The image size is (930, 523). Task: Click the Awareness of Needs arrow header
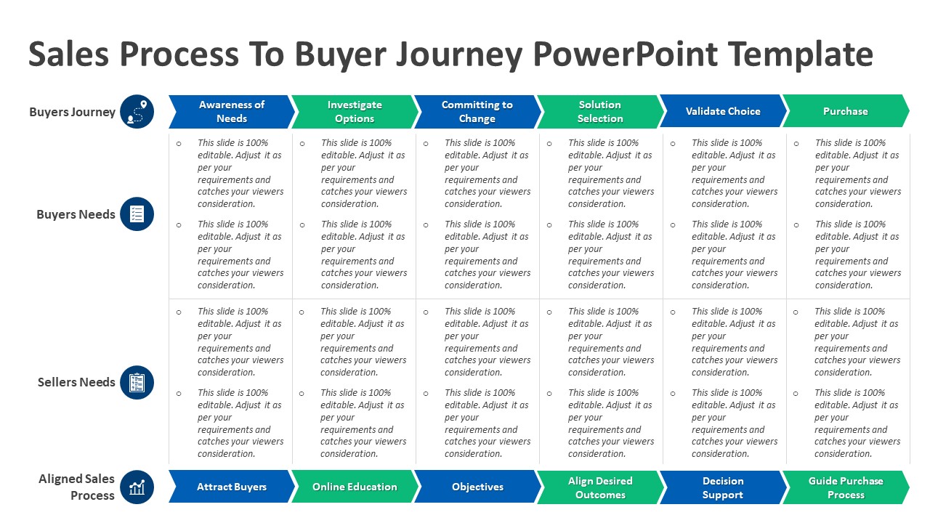(x=232, y=111)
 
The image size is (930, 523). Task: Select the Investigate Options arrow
(x=355, y=111)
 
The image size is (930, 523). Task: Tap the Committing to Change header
(x=477, y=111)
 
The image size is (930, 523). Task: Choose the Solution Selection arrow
(x=600, y=111)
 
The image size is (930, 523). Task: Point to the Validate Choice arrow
(x=723, y=111)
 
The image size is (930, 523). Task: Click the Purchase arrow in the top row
(x=845, y=111)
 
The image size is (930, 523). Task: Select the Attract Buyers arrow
(x=232, y=487)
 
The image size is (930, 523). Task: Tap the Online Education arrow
(x=355, y=487)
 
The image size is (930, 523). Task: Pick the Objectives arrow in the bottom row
(x=477, y=487)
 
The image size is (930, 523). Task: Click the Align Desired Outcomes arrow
(x=600, y=487)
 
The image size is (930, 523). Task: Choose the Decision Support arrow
(x=723, y=487)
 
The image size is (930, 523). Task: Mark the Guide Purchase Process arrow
(x=846, y=487)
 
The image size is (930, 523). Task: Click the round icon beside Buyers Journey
(x=137, y=112)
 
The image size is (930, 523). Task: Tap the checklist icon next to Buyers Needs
(x=137, y=214)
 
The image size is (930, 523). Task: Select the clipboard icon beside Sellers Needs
(x=137, y=382)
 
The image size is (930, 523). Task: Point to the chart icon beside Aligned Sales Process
(x=137, y=487)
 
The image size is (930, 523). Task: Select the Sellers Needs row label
(x=76, y=382)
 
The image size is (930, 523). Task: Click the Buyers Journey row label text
(x=72, y=112)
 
